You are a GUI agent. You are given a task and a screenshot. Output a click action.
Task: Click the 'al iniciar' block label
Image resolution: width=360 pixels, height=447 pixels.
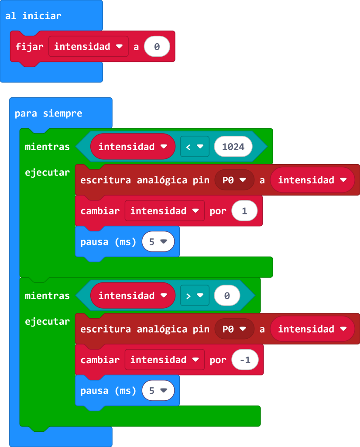tap(33, 16)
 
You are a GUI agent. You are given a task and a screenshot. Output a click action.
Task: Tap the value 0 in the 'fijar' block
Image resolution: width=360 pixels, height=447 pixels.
tap(157, 47)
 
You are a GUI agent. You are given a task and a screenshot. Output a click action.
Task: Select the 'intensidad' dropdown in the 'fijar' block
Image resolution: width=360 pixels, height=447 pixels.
tap(89, 47)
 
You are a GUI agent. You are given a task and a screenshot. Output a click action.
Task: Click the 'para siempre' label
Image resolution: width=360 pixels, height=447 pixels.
tap(48, 113)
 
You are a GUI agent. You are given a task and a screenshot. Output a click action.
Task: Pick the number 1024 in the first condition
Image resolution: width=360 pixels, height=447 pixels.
tap(233, 147)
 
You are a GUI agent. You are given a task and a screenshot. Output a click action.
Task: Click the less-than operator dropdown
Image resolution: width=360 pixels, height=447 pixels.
tap(194, 147)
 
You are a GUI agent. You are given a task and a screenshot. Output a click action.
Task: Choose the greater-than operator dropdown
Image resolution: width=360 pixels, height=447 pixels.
tap(194, 296)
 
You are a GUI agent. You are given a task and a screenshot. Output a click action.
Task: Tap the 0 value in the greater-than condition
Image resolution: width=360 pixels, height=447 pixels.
tap(227, 296)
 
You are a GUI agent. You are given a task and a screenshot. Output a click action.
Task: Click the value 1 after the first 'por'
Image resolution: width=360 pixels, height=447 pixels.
tap(244, 211)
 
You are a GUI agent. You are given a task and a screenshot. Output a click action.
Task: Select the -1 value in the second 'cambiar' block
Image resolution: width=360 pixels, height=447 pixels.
tap(245, 360)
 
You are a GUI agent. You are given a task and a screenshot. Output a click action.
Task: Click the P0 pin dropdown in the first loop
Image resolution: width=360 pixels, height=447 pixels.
tap(234, 180)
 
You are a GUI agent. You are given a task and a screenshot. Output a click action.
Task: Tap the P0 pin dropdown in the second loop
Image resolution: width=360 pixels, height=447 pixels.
tap(234, 329)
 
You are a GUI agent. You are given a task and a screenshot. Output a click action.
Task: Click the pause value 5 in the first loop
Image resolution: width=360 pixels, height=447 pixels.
tap(158, 241)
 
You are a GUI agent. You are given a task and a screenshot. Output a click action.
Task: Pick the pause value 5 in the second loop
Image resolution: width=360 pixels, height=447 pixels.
tap(158, 390)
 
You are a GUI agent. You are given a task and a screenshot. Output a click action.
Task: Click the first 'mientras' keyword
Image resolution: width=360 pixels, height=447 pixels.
tap(47, 147)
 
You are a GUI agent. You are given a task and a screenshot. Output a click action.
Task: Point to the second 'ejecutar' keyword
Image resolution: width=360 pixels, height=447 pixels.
tap(47, 321)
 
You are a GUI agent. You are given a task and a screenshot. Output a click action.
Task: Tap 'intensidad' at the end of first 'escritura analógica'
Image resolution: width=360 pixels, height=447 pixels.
tap(312, 180)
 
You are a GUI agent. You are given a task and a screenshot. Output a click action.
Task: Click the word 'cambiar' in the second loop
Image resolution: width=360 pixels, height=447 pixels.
tap(100, 360)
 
